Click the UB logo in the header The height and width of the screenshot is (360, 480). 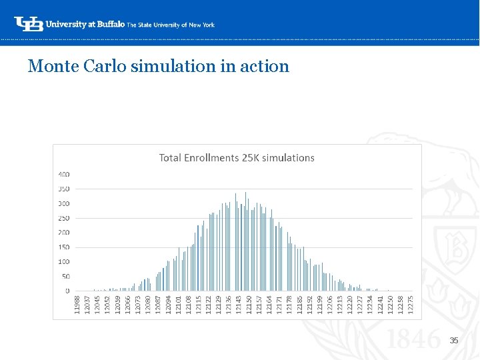(x=29, y=23)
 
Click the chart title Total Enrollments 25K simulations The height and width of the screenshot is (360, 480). (x=237, y=158)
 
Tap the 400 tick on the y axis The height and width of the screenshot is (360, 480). (x=63, y=175)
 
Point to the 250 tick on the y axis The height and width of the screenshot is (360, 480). (x=63, y=218)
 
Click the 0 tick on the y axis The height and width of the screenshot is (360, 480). (x=67, y=291)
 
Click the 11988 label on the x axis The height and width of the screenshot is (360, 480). (x=77, y=305)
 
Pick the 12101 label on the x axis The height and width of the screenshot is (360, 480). (x=178, y=305)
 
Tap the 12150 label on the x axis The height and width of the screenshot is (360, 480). (x=249, y=305)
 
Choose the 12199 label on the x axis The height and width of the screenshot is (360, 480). (x=320, y=305)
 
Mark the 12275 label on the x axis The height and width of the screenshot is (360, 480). (x=411, y=305)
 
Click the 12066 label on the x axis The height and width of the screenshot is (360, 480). (x=128, y=305)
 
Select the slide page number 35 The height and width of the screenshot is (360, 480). (x=454, y=341)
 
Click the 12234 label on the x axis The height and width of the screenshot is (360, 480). (x=370, y=305)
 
